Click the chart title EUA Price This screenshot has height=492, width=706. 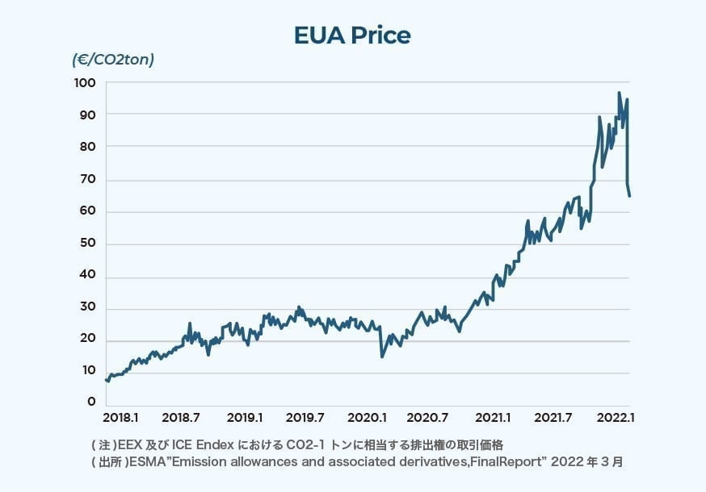click(352, 35)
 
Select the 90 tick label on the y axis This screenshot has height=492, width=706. click(88, 115)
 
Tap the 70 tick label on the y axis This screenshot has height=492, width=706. click(88, 180)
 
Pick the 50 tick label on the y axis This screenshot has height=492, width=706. click(88, 244)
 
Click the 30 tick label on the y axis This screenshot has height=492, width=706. click(88, 307)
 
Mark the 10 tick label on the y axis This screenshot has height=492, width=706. click(88, 371)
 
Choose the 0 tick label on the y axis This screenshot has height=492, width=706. click(91, 402)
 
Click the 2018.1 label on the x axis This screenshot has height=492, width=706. click(120, 418)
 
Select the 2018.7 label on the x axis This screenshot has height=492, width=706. click(181, 418)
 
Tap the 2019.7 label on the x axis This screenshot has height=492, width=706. click(305, 418)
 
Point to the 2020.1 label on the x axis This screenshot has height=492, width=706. click(367, 418)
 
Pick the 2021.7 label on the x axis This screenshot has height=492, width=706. click(553, 418)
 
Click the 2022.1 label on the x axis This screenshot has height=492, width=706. click(614, 418)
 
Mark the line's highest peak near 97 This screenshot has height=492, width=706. click(619, 94)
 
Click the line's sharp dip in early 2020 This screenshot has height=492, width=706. click(382, 356)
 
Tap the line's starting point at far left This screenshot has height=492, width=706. click(106, 378)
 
